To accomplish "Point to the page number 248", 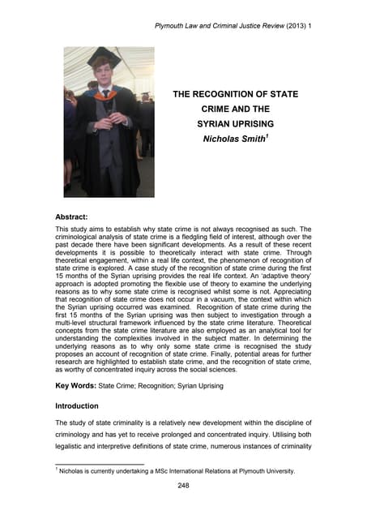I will tap(183, 486).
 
